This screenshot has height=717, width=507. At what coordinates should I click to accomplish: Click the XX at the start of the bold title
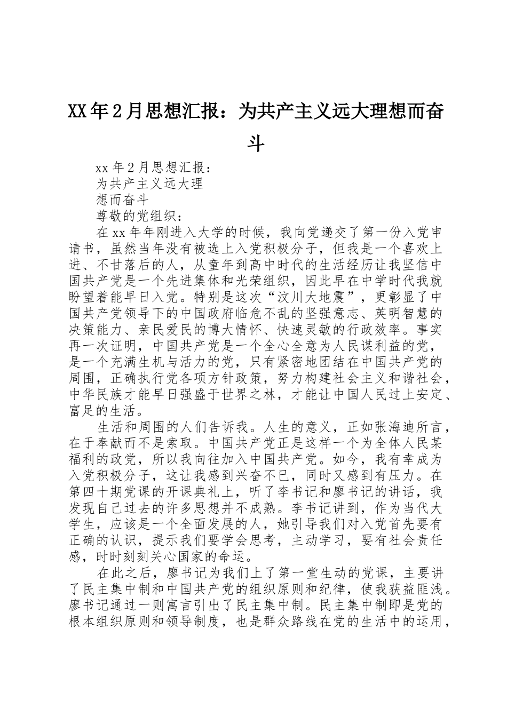[78, 112]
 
